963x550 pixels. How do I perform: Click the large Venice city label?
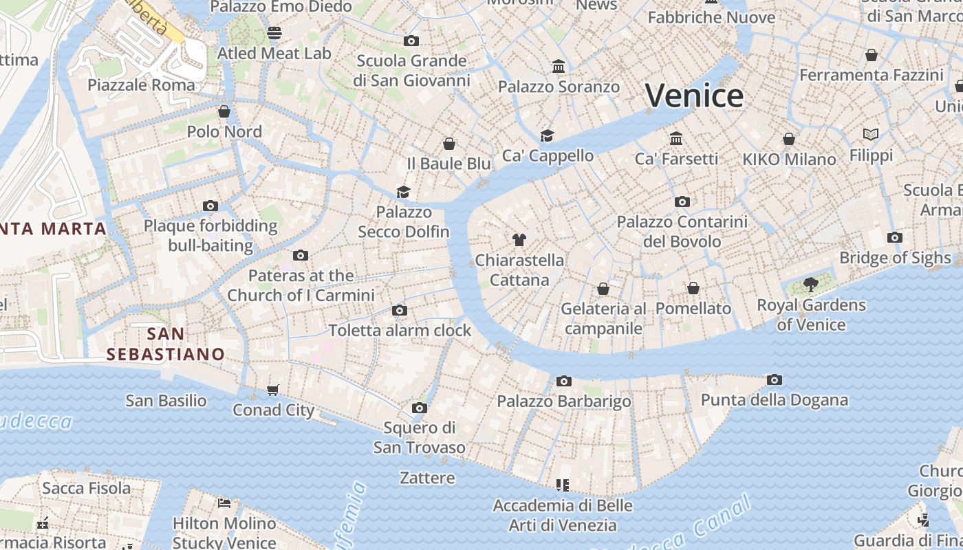click(694, 96)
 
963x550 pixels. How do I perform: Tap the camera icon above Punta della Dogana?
click(775, 379)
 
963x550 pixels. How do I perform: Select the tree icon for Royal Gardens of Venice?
click(811, 285)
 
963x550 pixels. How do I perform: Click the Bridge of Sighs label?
click(895, 258)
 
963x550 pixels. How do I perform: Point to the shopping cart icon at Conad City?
click(273, 390)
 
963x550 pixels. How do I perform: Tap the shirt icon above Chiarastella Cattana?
click(519, 240)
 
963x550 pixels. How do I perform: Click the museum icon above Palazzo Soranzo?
click(559, 67)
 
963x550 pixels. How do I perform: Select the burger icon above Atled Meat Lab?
click(274, 33)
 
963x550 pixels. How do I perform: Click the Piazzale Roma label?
click(141, 85)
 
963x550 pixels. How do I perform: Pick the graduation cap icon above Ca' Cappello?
click(548, 135)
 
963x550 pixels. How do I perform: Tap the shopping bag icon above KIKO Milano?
click(789, 139)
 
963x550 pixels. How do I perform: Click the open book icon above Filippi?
click(871, 135)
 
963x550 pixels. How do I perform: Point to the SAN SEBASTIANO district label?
click(166, 344)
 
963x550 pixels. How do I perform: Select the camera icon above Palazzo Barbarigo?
click(564, 381)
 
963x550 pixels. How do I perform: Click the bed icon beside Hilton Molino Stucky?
click(224, 503)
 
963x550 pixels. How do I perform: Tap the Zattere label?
click(427, 477)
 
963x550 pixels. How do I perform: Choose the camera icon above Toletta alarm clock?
click(400, 311)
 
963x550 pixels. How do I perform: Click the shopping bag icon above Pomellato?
click(693, 288)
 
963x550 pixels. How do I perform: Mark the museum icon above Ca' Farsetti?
click(676, 139)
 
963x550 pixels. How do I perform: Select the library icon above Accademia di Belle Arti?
click(563, 485)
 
